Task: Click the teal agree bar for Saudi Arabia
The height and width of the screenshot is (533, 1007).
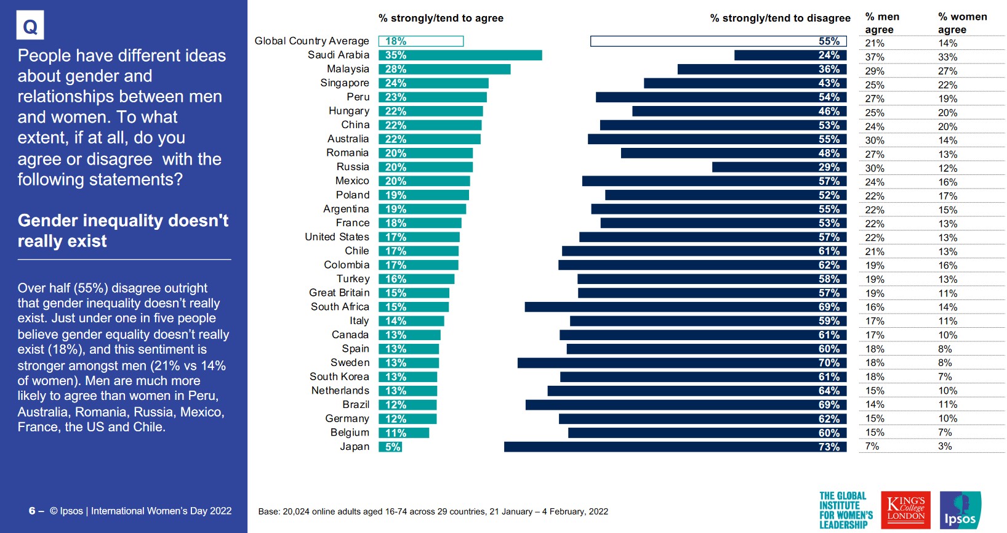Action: [460, 55]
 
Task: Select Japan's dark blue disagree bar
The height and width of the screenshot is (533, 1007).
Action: [675, 447]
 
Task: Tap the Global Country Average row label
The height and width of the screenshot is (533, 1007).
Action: [311, 41]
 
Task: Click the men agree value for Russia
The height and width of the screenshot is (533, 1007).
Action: [875, 168]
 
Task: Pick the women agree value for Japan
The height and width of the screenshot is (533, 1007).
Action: [945, 446]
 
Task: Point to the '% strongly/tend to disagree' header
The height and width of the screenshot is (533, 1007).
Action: [780, 18]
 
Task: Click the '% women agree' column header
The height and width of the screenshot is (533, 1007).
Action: [962, 23]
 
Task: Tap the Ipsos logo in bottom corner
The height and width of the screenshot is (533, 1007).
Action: [960, 510]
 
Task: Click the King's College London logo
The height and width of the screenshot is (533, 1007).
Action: [905, 510]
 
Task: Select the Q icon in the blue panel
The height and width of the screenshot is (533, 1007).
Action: [30, 26]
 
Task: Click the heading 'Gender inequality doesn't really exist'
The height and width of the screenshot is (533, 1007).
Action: [122, 230]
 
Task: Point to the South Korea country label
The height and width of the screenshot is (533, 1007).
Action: [339, 376]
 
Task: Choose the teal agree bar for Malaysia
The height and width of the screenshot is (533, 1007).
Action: [444, 69]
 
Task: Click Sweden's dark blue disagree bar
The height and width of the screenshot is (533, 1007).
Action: [682, 363]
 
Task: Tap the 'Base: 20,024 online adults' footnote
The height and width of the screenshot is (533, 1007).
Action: [433, 511]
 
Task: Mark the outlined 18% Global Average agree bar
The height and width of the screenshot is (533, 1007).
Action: [421, 41]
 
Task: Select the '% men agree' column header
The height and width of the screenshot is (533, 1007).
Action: [881, 23]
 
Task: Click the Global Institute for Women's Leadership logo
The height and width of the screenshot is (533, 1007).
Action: [845, 510]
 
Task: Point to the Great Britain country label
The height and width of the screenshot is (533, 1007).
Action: [339, 293]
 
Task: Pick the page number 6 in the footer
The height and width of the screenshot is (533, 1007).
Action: [32, 511]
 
